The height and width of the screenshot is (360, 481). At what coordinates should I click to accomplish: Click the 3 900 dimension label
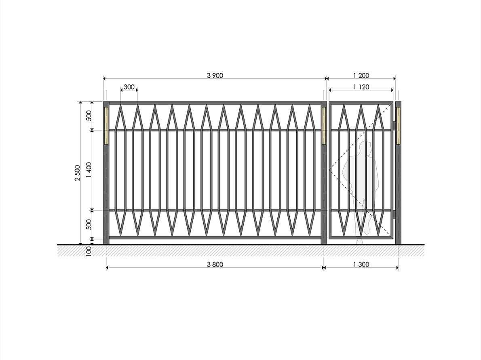pyautogui.click(x=215, y=76)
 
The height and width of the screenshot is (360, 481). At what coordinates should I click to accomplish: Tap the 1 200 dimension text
pyautogui.click(x=361, y=76)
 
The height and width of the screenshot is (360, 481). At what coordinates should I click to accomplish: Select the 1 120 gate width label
pyautogui.click(x=361, y=87)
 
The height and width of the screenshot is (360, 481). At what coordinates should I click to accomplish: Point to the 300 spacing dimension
pyautogui.click(x=129, y=87)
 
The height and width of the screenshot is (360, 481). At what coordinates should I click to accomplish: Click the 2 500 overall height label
pyautogui.click(x=77, y=173)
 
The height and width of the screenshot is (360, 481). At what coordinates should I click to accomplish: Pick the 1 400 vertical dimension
pyautogui.click(x=89, y=170)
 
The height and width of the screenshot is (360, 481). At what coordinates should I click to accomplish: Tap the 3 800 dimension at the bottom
pyautogui.click(x=215, y=264)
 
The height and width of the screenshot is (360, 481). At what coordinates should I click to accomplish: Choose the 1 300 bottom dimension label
pyautogui.click(x=361, y=264)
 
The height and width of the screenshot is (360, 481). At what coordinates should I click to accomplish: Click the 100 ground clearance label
pyautogui.click(x=89, y=251)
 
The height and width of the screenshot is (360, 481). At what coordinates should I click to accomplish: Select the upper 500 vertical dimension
pyautogui.click(x=89, y=116)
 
